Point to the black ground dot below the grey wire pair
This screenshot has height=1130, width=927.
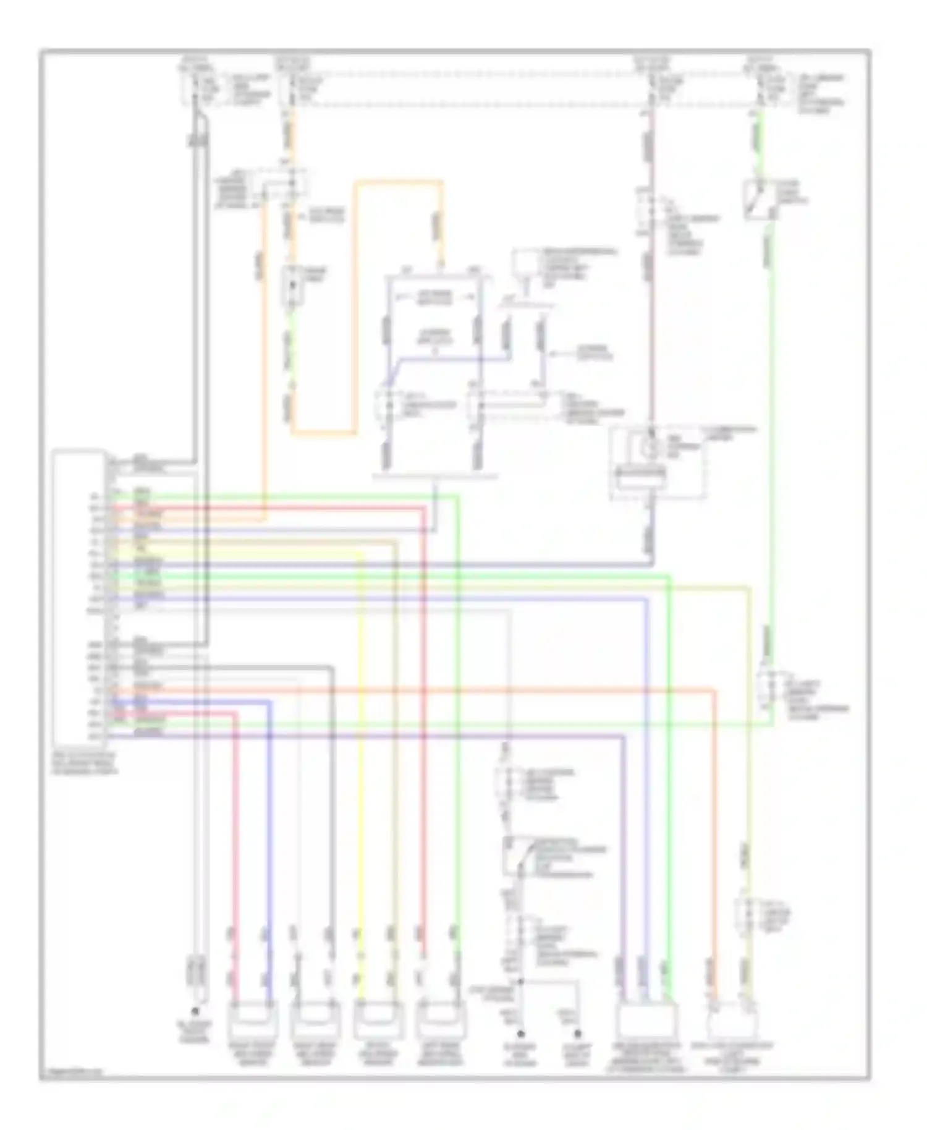195,1012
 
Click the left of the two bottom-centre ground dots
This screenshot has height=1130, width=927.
521,1033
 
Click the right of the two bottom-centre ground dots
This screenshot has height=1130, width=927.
578,1033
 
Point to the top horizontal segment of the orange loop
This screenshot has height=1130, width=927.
399,182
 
